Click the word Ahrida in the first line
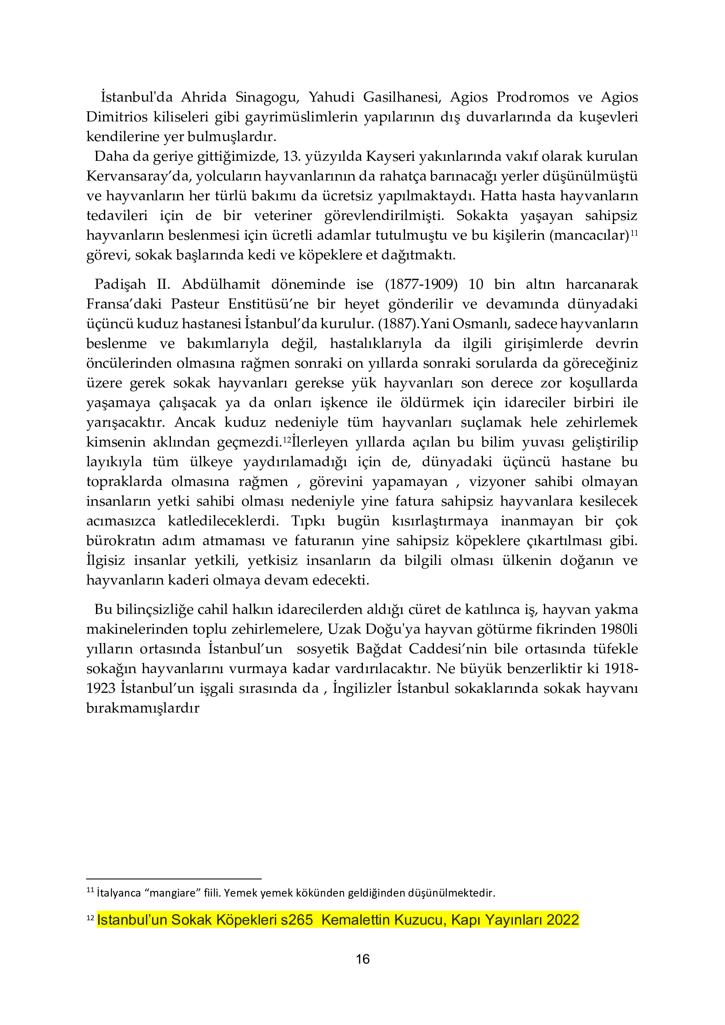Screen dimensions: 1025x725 (203, 97)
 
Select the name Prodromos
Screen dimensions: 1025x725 (533, 97)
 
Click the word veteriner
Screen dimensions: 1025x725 (283, 215)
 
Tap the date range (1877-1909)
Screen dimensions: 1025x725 (421, 284)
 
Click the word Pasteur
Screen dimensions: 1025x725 (195, 304)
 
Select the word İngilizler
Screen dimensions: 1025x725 (361, 688)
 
